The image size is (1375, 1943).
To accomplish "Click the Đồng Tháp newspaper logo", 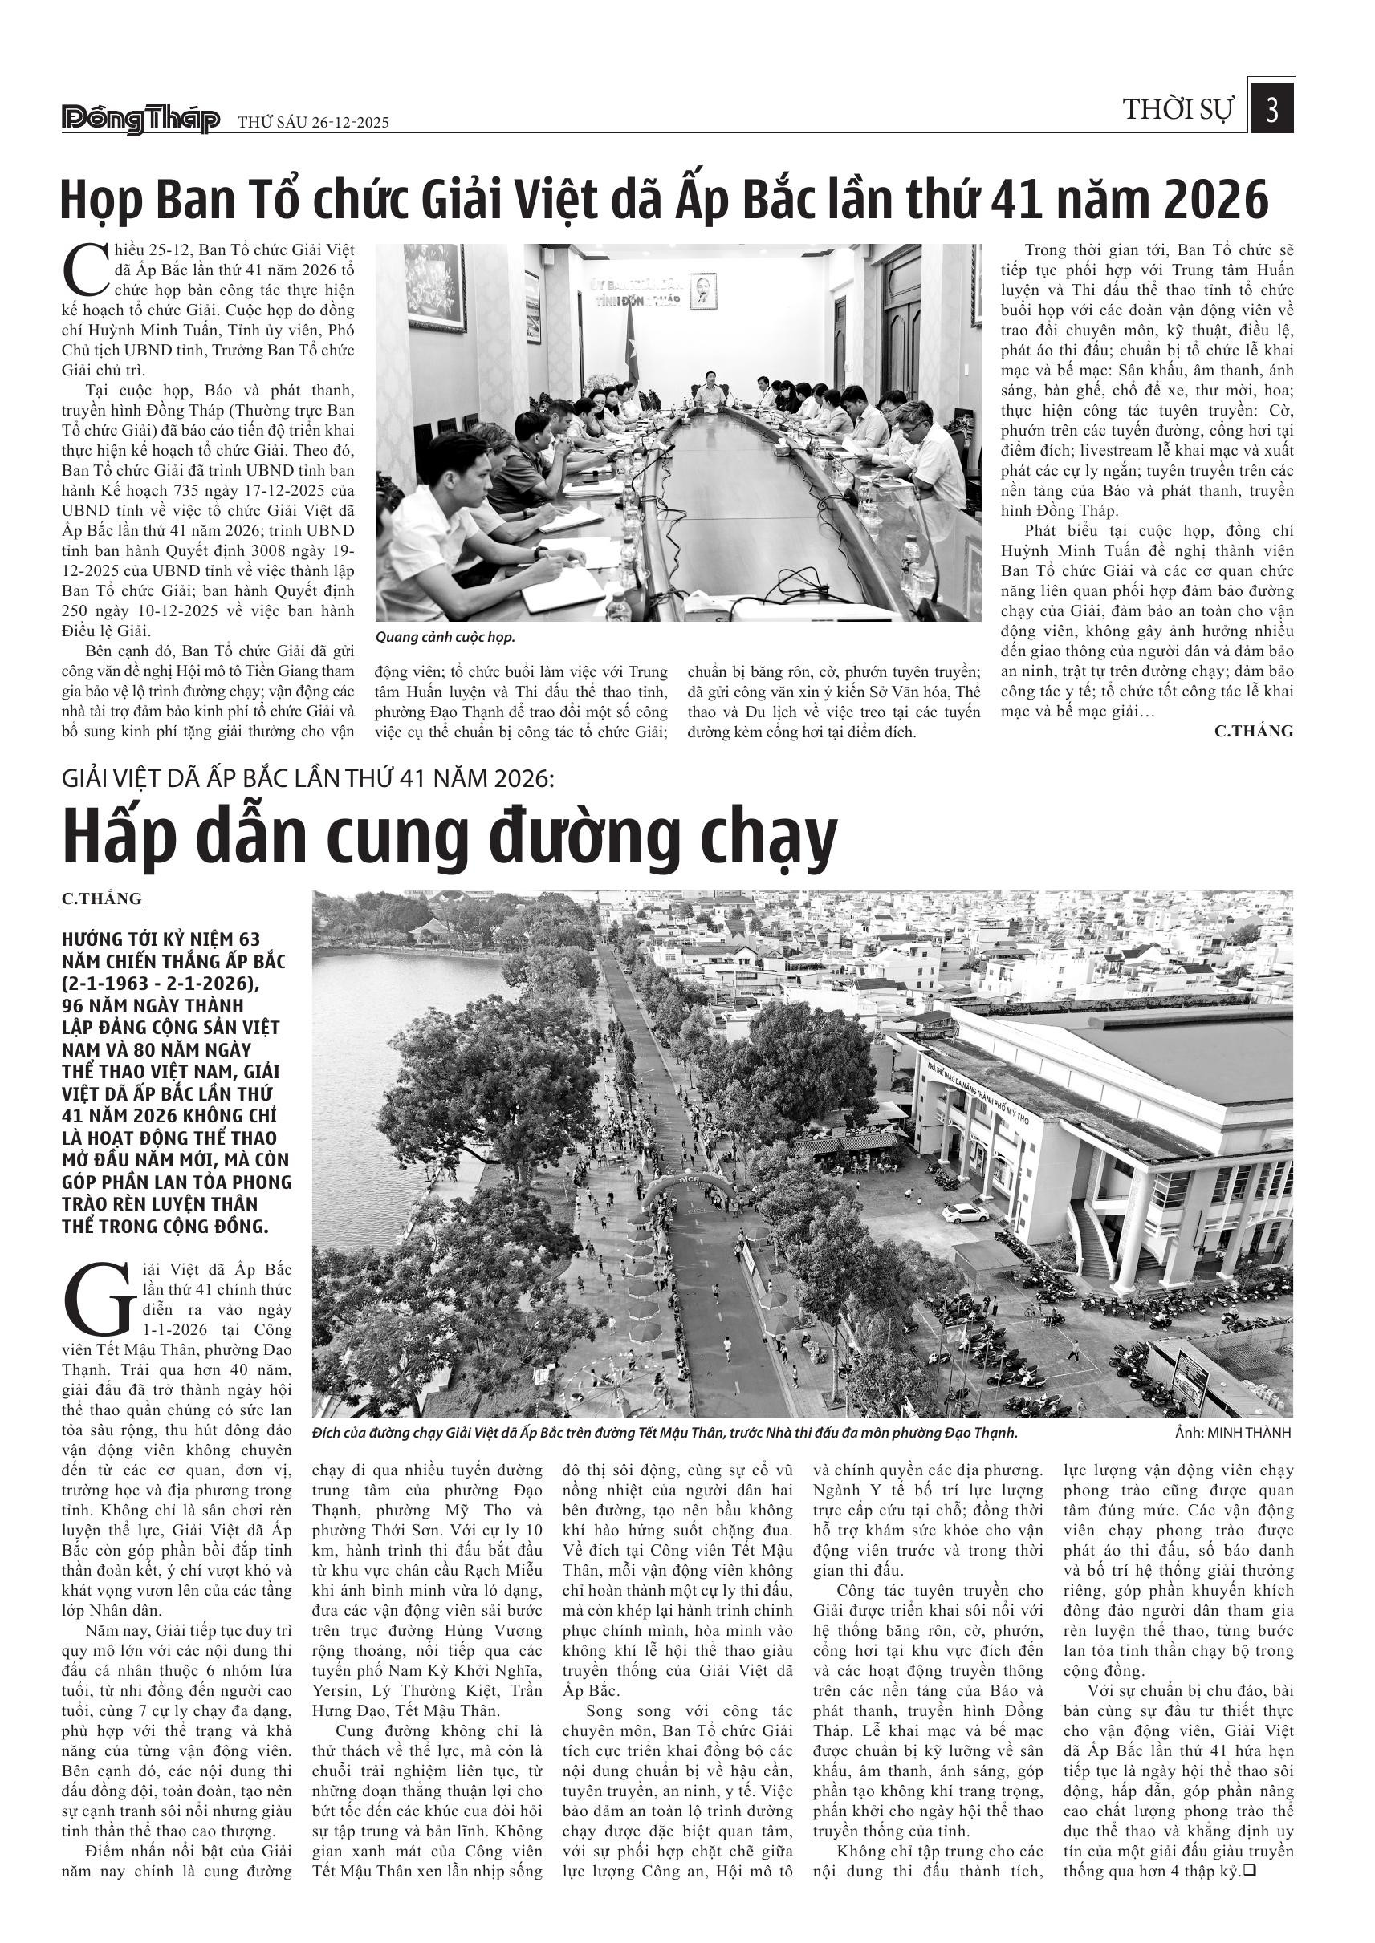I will [140, 120].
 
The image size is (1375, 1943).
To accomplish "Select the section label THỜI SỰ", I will [1178, 110].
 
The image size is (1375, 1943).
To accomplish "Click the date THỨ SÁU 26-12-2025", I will [313, 123].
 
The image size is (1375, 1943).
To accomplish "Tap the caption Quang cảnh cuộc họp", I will [445, 637].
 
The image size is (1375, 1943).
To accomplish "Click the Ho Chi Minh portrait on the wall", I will [702, 290].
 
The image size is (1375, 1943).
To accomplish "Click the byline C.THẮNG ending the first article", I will [1253, 731].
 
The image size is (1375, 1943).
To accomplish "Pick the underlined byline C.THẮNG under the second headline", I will [102, 898].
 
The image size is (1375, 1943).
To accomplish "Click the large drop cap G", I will [98, 1298].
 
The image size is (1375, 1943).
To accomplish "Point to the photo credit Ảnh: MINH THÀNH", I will [1233, 1433].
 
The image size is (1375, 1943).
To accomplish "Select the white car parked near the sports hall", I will [965, 1214].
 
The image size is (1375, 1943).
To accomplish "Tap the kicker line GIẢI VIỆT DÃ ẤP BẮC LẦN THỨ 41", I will [307, 777].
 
